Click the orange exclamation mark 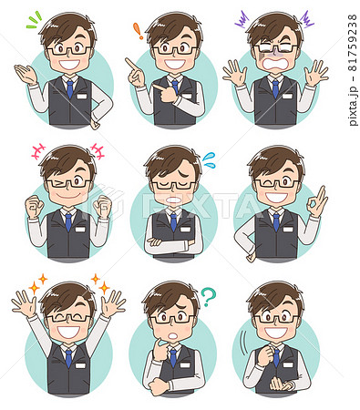139,31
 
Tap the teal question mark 209,295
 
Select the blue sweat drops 210,159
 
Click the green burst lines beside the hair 34,20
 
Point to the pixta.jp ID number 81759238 353,43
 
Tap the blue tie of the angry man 275,88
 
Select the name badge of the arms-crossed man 185,230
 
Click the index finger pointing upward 132,65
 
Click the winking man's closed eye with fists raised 57,182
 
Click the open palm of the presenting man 25,73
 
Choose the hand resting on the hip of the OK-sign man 251,258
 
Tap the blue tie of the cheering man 69,358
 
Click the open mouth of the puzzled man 173,336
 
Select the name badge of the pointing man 187,96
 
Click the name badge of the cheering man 80,365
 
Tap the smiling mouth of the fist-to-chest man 276,333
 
